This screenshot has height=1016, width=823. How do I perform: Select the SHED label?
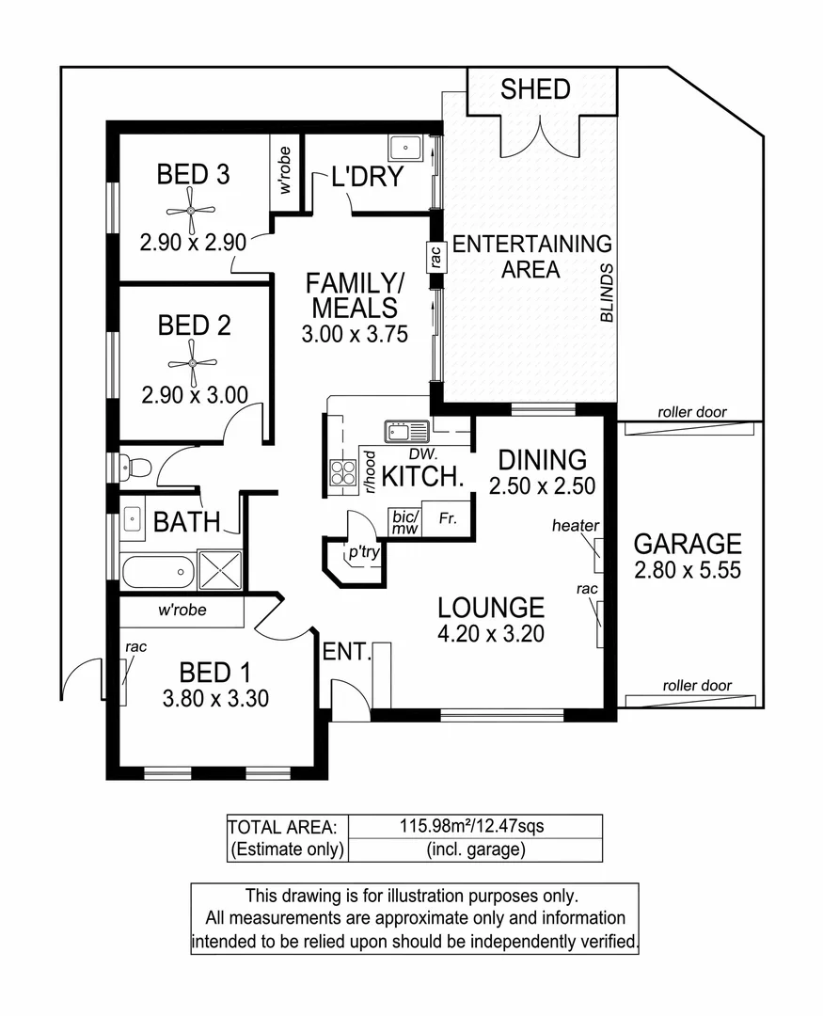[x=535, y=89]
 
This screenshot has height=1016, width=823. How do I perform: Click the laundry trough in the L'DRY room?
[x=407, y=148]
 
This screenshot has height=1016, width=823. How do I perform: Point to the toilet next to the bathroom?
[x=137, y=467]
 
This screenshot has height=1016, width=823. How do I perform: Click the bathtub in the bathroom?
[x=157, y=571]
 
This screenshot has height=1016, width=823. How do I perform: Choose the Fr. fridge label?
[x=447, y=518]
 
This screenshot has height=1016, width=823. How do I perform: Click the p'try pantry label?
[x=363, y=552]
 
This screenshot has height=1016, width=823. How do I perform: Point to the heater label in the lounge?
[x=576, y=525]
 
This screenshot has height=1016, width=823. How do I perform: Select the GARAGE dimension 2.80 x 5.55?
[x=687, y=571]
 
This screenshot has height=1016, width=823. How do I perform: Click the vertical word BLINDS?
[x=607, y=293]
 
